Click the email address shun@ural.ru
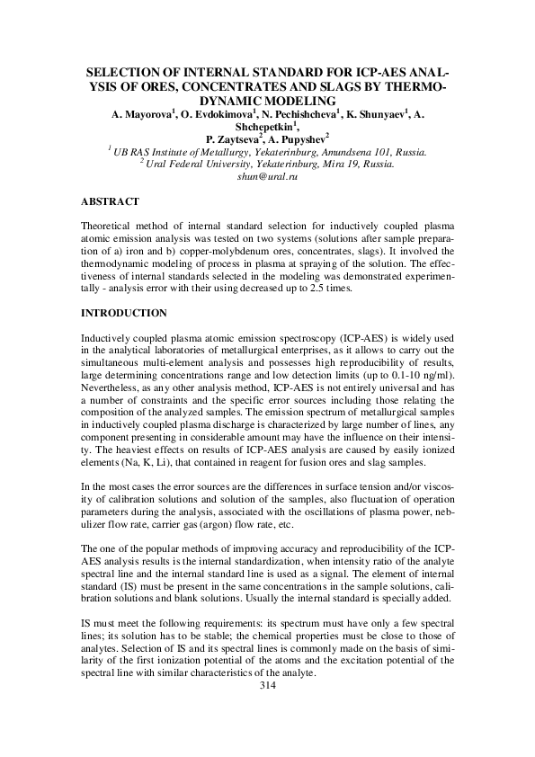click(266, 177)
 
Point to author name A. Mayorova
click(144, 116)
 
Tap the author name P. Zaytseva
click(234, 140)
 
